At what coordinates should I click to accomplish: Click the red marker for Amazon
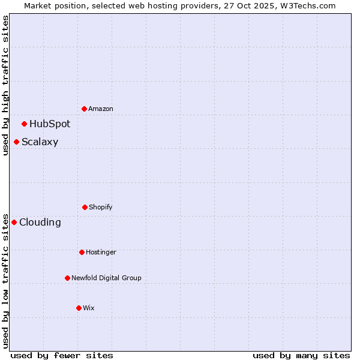[x=85, y=109]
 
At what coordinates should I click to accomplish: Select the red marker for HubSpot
[x=25, y=124]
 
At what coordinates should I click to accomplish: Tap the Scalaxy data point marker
[x=17, y=142]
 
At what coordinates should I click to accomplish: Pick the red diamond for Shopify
[x=85, y=207]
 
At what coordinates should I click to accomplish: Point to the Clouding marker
[x=14, y=222]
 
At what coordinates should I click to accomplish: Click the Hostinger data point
[x=82, y=252]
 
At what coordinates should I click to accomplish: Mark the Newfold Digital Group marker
[x=67, y=278]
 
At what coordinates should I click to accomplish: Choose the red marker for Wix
[x=79, y=308]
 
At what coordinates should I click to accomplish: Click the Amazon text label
[x=101, y=109]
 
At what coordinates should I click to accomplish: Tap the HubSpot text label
[x=50, y=124]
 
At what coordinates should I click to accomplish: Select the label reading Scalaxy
[x=40, y=142]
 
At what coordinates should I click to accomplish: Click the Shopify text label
[x=101, y=207]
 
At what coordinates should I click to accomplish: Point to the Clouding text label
[x=40, y=222]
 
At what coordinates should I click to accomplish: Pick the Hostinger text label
[x=101, y=252]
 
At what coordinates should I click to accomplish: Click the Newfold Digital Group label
[x=106, y=278]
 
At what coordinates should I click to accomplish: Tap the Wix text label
[x=89, y=308]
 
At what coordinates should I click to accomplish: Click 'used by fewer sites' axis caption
[x=62, y=355]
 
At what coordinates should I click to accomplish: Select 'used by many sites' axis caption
[x=301, y=355]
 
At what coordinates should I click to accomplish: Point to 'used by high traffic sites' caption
[x=5, y=85]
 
